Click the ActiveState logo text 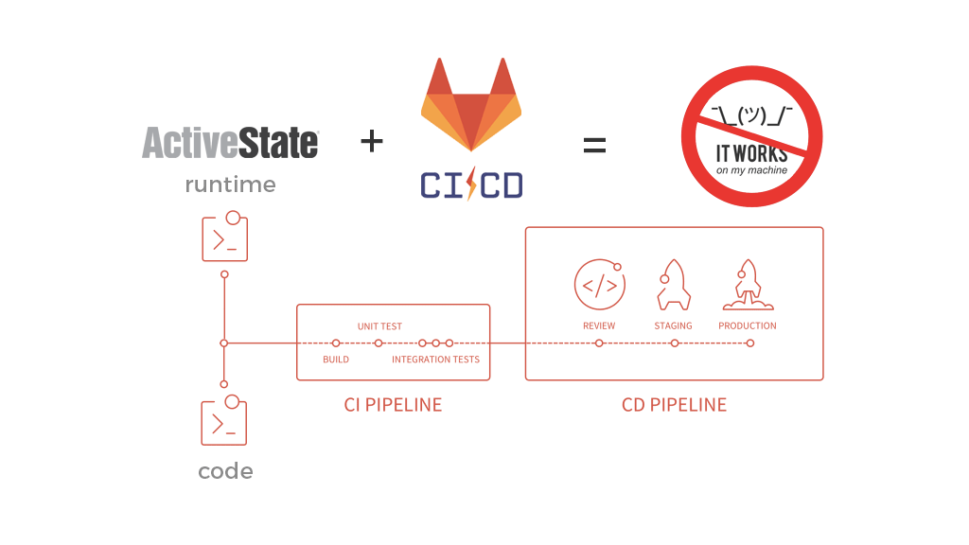pos(230,143)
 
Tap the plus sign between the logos pos(372,142)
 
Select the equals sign pos(593,145)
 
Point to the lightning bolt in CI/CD pos(471,183)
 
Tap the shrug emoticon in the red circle pos(751,115)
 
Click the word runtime pos(230,185)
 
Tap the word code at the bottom pos(225,470)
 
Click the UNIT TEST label pos(379,326)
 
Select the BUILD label pos(336,360)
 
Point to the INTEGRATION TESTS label pos(435,360)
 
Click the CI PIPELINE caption pos(393,405)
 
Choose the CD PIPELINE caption pos(674,405)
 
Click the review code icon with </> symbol pos(599,285)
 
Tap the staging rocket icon pos(673,285)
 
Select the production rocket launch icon pos(748,285)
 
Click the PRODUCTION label pos(748,325)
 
